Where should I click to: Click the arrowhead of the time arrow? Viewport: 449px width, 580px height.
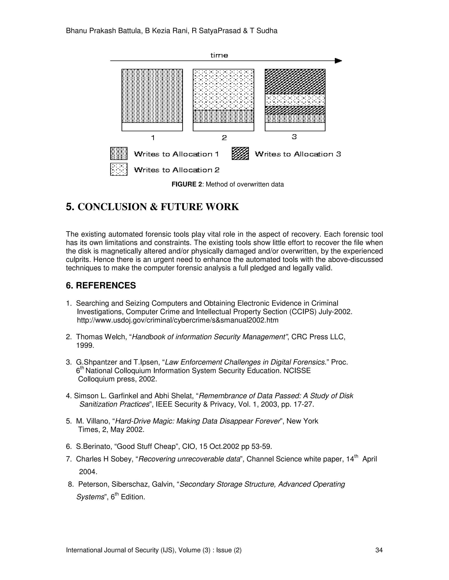[338, 61]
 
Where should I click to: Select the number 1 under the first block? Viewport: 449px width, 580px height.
[153, 138]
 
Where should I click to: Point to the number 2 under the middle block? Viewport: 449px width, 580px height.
[224, 138]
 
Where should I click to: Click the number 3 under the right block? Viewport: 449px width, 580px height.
[294, 137]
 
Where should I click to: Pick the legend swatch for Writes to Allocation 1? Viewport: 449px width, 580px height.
[119, 153]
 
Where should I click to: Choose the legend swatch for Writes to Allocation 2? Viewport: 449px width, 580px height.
[119, 169]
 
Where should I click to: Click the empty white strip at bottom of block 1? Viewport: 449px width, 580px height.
[152, 127]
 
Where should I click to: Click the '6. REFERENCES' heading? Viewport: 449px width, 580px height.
[101, 285]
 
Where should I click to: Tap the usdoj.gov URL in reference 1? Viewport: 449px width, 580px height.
[177, 320]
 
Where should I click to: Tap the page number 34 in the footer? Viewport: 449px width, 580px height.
[379, 550]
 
